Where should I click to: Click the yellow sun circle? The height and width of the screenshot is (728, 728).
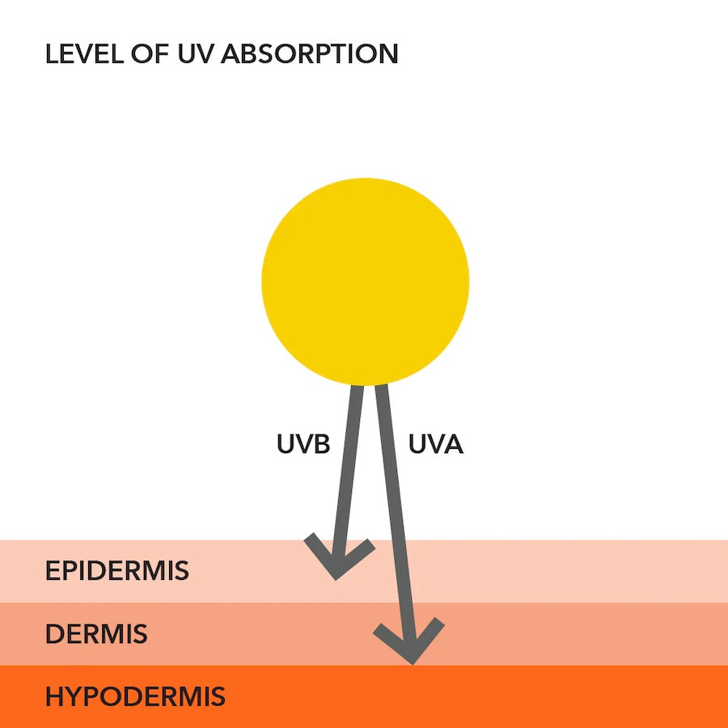[x=365, y=281]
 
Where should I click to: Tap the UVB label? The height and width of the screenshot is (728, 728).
[x=303, y=444]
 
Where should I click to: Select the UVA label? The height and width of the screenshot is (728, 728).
[x=435, y=444]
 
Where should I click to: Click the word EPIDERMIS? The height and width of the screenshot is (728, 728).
[x=117, y=571]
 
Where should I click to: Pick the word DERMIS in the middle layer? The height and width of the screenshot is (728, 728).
[x=96, y=634]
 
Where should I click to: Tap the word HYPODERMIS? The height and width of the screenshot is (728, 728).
[x=135, y=696]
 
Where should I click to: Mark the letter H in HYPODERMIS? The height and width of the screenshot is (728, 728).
[x=54, y=696]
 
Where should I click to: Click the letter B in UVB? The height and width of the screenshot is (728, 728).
[x=321, y=444]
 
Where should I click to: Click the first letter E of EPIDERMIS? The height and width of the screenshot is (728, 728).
[x=53, y=571]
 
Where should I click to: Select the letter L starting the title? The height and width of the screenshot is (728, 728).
[x=51, y=54]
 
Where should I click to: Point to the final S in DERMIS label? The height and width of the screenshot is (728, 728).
[x=140, y=634]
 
